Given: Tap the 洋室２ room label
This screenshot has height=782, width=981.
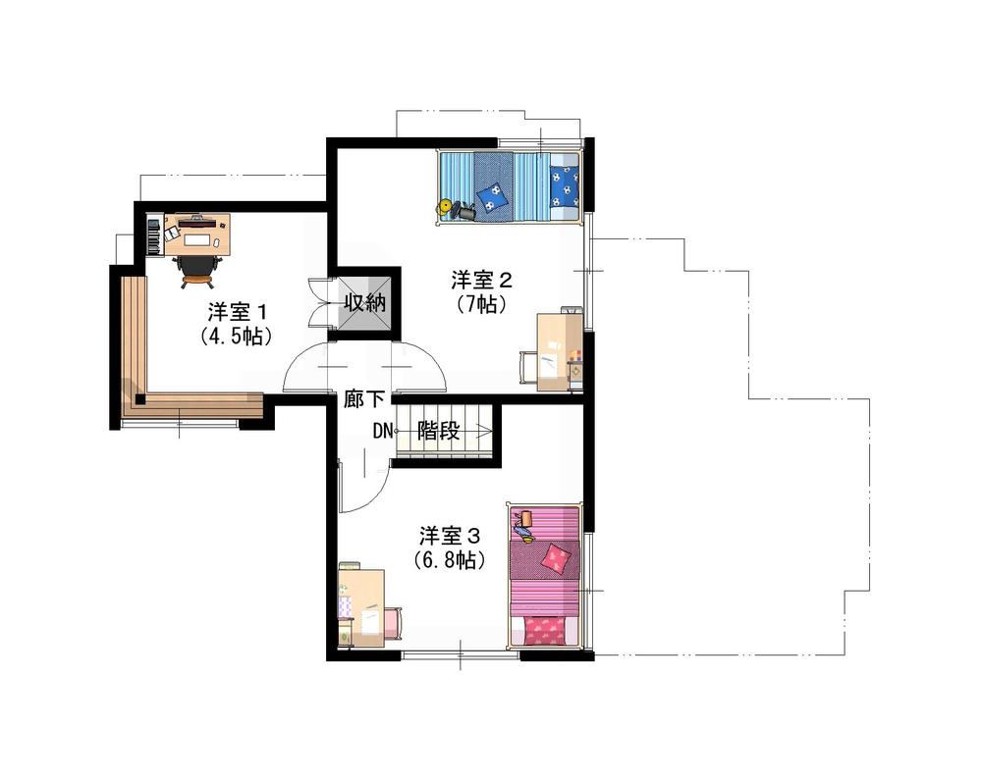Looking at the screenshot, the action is point(482,280).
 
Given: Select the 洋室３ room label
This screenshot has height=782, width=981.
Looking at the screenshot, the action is point(449,536).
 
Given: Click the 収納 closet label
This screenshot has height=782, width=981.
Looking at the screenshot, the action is point(364,304).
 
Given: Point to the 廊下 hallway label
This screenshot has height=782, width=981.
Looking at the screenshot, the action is point(363,398).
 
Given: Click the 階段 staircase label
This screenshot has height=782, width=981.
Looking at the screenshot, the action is point(439,430).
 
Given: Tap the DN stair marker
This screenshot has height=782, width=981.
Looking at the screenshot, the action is point(382,431).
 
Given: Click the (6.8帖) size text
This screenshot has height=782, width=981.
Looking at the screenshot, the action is point(450,559).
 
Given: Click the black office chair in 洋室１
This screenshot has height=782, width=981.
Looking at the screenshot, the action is point(196,270).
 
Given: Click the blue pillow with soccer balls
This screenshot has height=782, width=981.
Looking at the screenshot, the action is point(565,185).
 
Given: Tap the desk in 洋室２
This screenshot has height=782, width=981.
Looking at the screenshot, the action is point(560,351).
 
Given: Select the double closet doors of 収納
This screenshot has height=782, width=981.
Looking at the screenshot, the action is point(323,303).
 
